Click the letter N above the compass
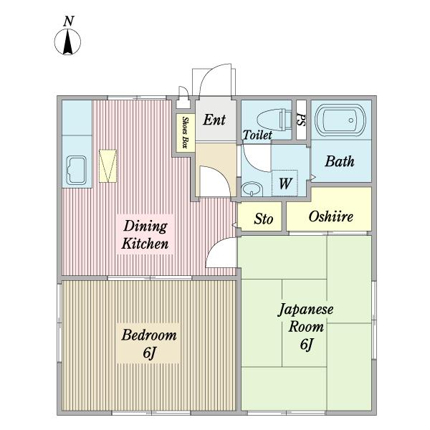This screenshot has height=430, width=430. (x=69, y=21)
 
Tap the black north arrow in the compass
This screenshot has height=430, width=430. (x=68, y=42)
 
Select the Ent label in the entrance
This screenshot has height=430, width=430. (x=214, y=120)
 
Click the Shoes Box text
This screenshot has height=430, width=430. (x=186, y=133)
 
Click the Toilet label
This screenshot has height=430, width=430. (x=257, y=135)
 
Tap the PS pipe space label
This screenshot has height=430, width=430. (x=301, y=120)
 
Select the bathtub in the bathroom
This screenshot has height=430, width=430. (x=340, y=120)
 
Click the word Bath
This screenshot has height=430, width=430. (x=340, y=161)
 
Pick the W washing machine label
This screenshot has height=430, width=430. (x=285, y=183)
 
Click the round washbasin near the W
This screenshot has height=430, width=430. (x=252, y=188)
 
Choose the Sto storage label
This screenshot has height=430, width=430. (x=263, y=219)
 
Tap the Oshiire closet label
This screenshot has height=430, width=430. (x=330, y=216)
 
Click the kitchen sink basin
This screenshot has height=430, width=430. (x=77, y=170)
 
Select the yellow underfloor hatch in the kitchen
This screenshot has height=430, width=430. (x=107, y=166)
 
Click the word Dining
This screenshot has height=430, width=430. (x=145, y=226)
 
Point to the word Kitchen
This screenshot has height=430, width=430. (x=145, y=244)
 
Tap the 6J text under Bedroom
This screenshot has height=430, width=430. (x=149, y=353)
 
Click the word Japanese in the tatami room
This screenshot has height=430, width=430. (x=306, y=310)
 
